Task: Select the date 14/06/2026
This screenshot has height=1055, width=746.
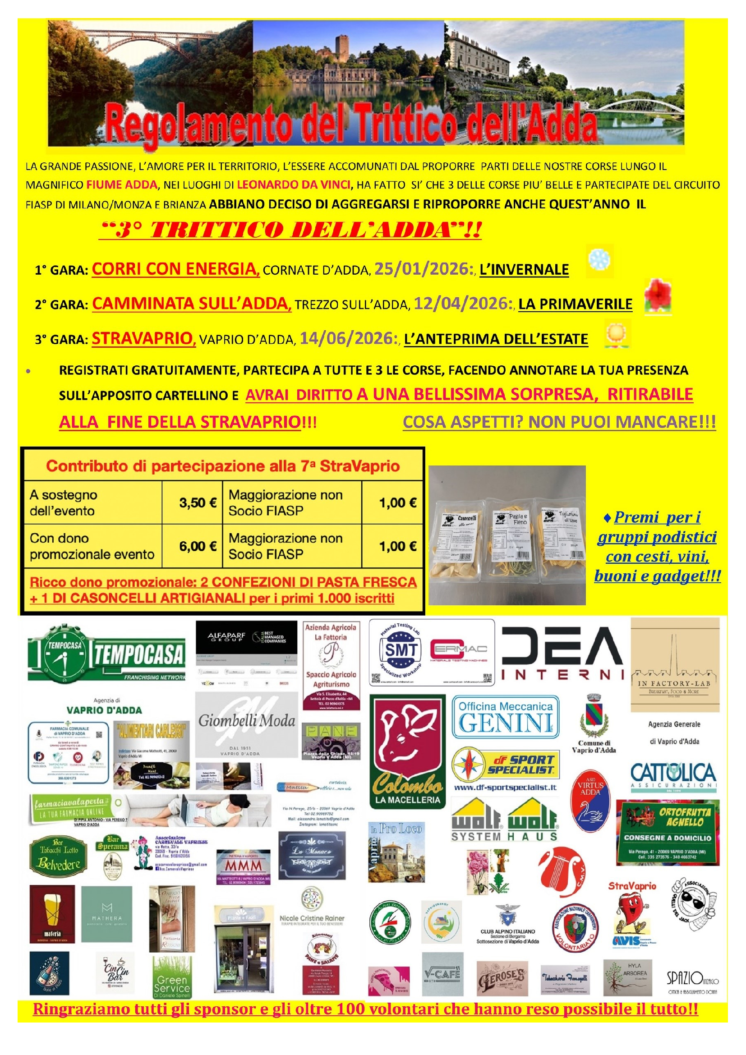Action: click(348, 339)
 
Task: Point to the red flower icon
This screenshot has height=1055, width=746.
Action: click(658, 296)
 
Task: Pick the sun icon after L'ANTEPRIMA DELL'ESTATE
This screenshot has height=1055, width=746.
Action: click(617, 333)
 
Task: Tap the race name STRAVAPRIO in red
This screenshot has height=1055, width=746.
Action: click(143, 338)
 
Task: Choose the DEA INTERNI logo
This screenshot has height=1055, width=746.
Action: click(562, 654)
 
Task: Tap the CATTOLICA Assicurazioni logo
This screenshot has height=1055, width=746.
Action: click(673, 777)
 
